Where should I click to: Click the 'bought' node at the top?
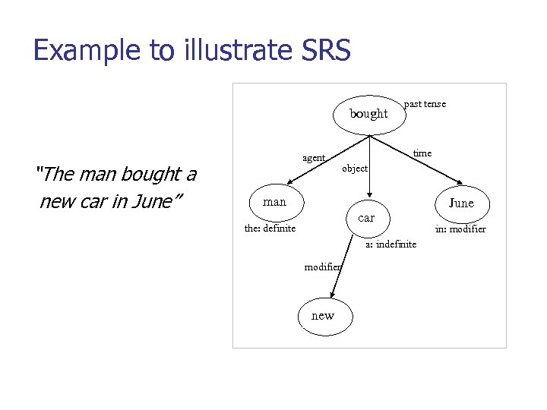click(368, 114)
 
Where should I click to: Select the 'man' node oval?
click(274, 202)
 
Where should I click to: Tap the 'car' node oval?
click(366, 218)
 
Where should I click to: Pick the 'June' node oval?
click(460, 203)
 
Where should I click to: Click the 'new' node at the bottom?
click(323, 316)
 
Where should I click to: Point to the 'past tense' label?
click(425, 103)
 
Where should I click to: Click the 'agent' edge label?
click(314, 158)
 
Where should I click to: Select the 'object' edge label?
click(355, 168)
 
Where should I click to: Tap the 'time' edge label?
click(422, 153)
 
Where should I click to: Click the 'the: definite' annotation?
click(270, 228)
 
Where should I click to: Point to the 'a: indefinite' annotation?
click(390, 244)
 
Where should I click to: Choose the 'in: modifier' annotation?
click(460, 229)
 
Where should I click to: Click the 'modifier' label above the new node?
click(323, 266)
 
